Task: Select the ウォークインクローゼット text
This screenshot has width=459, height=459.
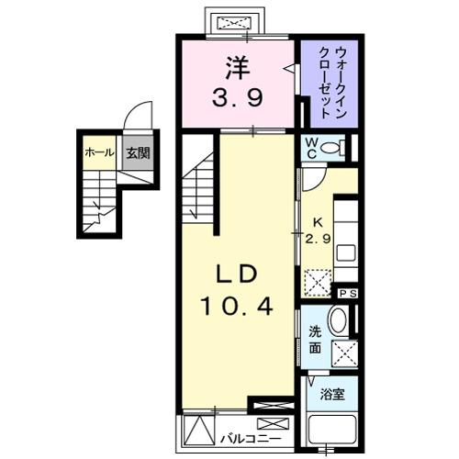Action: (x=327, y=83)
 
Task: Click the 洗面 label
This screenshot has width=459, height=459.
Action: (x=314, y=341)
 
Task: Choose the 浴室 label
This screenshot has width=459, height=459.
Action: (x=331, y=396)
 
